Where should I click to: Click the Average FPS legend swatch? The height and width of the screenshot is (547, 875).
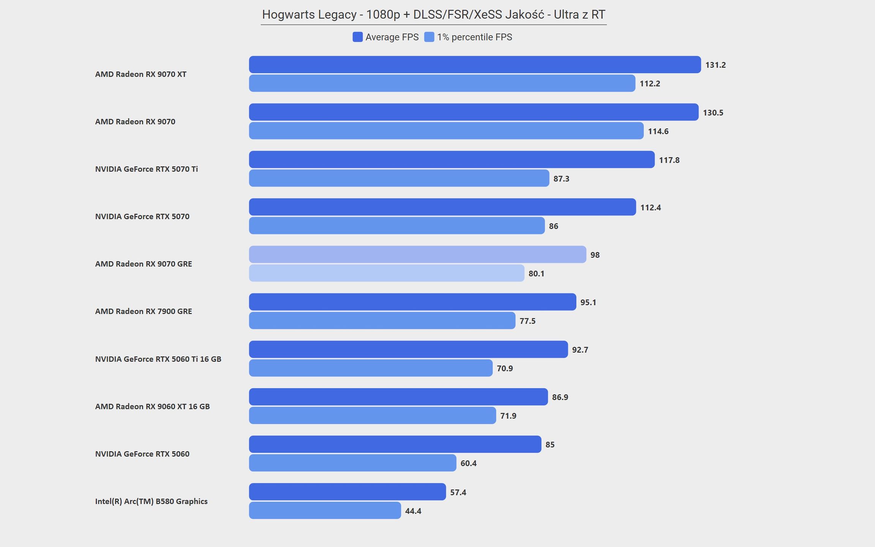[x=357, y=37]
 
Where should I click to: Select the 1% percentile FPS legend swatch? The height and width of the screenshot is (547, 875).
[x=429, y=37]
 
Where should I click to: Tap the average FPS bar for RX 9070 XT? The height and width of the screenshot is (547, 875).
[x=475, y=65]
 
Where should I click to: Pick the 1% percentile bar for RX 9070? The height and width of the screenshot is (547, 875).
[x=446, y=131]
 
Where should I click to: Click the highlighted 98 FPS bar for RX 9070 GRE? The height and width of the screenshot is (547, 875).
[x=417, y=255]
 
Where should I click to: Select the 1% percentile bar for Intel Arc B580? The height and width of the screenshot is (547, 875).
[x=325, y=511]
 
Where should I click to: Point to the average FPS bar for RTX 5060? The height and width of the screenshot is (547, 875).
[x=395, y=444]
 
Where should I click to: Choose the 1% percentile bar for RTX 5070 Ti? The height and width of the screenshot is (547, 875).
[x=399, y=178]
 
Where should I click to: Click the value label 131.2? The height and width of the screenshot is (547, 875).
[x=715, y=65]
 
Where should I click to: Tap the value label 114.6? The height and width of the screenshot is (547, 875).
[x=658, y=131]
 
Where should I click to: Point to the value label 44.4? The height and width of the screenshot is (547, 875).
[x=413, y=511]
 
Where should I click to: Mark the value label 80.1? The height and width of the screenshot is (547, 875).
[x=536, y=273]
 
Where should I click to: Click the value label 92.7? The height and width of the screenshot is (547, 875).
[x=580, y=350]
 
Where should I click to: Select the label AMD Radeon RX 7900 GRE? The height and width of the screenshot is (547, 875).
[x=144, y=311]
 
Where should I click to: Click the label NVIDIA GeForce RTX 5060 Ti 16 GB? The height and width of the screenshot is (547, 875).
[x=158, y=359]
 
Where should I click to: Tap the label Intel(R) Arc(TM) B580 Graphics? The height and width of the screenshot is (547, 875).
[x=151, y=501]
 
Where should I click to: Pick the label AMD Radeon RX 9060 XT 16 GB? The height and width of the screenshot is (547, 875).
[x=152, y=406]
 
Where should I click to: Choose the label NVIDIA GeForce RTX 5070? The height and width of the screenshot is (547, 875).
[x=142, y=217]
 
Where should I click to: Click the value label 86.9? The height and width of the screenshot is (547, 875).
[x=560, y=397]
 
